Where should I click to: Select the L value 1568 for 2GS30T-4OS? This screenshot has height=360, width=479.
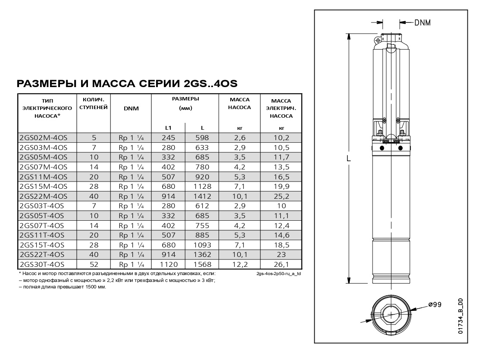[202, 264]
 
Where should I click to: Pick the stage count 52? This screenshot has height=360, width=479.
[94, 264]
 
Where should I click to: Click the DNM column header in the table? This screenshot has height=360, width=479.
[131, 108]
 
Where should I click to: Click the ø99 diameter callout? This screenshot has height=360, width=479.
[435, 305]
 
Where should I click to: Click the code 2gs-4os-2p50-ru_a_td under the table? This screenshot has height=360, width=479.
[278, 274]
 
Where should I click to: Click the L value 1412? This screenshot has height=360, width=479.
[202, 196]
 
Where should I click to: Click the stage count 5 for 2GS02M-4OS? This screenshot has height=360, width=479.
[94, 138]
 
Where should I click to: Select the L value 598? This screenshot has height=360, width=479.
[202, 138]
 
